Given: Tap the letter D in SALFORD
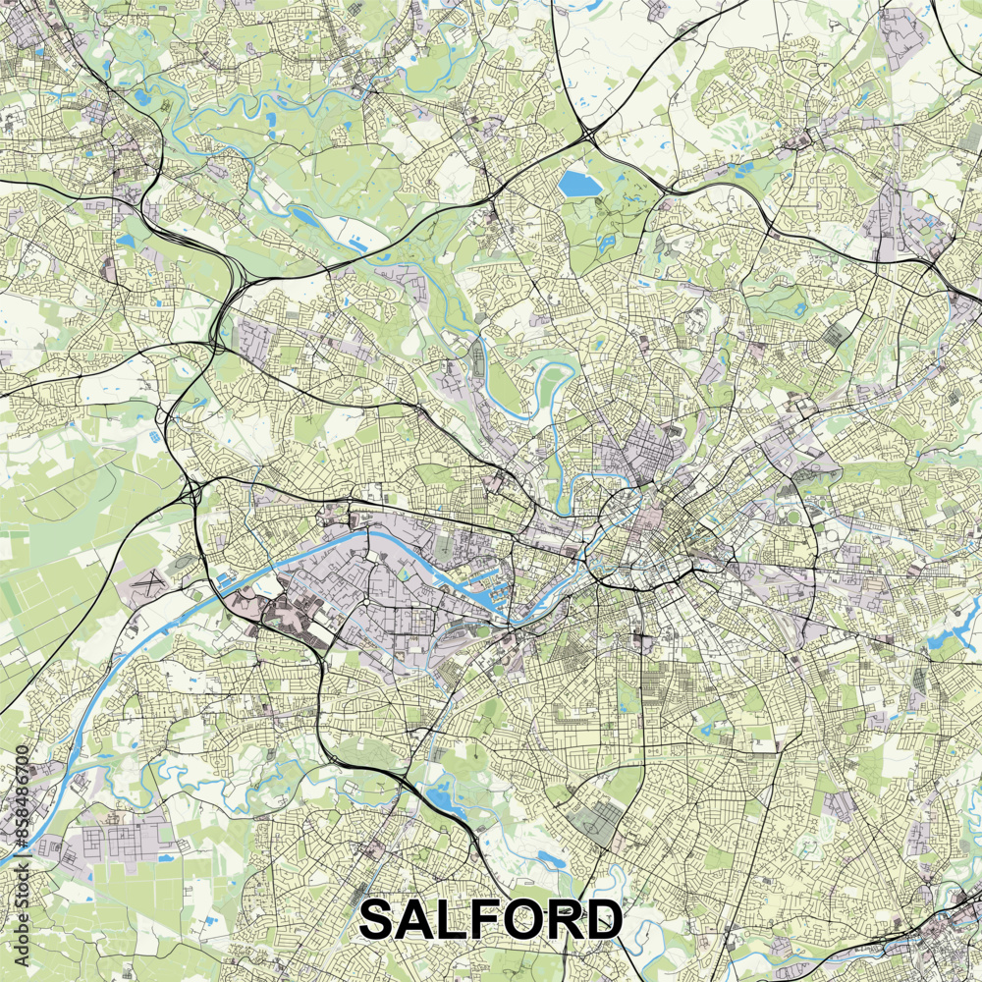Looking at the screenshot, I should (x=601, y=921).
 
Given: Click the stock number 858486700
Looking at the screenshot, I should (x=22, y=806).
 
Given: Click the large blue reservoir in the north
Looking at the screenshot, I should (x=579, y=184).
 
